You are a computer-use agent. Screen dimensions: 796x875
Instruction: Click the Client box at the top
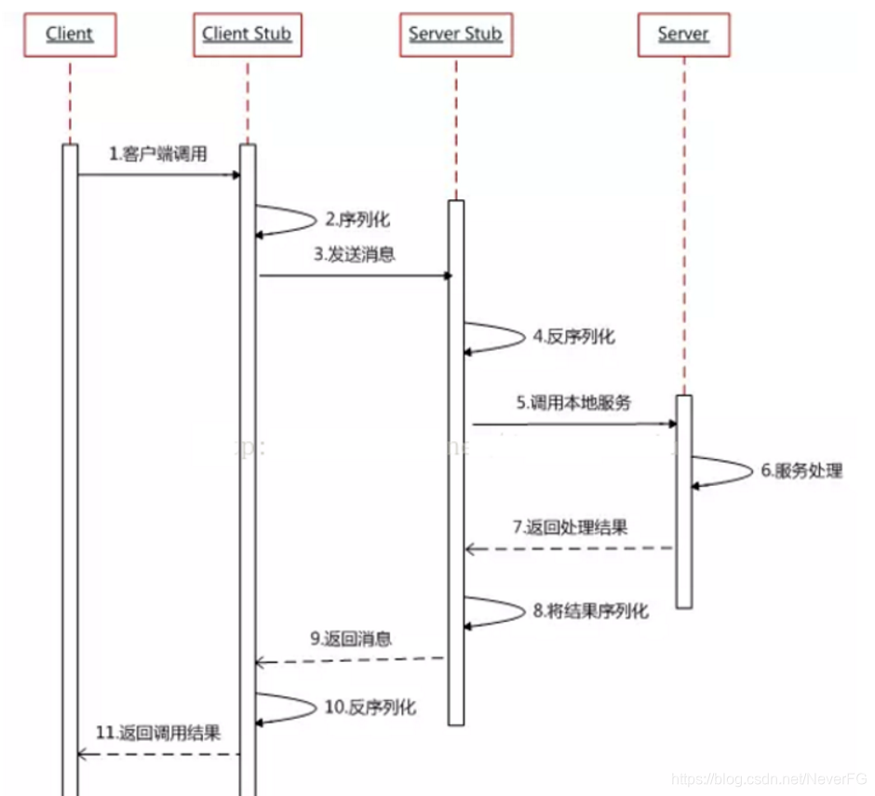(x=70, y=35)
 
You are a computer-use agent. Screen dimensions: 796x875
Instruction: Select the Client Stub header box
(x=247, y=35)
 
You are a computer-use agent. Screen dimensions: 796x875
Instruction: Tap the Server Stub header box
(x=455, y=35)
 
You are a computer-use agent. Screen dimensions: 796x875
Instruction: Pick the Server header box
(x=683, y=35)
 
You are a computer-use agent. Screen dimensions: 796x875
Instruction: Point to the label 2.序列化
(x=357, y=221)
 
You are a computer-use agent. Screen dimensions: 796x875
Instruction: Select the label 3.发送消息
(x=354, y=254)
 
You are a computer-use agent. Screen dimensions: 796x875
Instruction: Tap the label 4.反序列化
(x=573, y=337)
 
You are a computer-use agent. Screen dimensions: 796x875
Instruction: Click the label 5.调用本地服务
(x=574, y=403)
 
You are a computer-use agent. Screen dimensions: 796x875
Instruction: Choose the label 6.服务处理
(x=801, y=471)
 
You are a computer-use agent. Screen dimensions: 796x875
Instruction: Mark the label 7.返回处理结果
(x=570, y=527)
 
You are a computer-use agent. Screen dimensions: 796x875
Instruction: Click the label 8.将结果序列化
(x=591, y=612)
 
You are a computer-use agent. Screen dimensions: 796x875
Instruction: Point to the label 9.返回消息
(x=351, y=639)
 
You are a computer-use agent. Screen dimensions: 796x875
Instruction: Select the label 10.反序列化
(x=370, y=708)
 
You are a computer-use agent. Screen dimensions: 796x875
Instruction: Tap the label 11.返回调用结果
(x=158, y=733)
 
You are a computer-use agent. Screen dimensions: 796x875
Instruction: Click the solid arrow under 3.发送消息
(x=354, y=276)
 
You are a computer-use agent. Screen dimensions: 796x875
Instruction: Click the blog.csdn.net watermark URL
(x=768, y=777)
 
